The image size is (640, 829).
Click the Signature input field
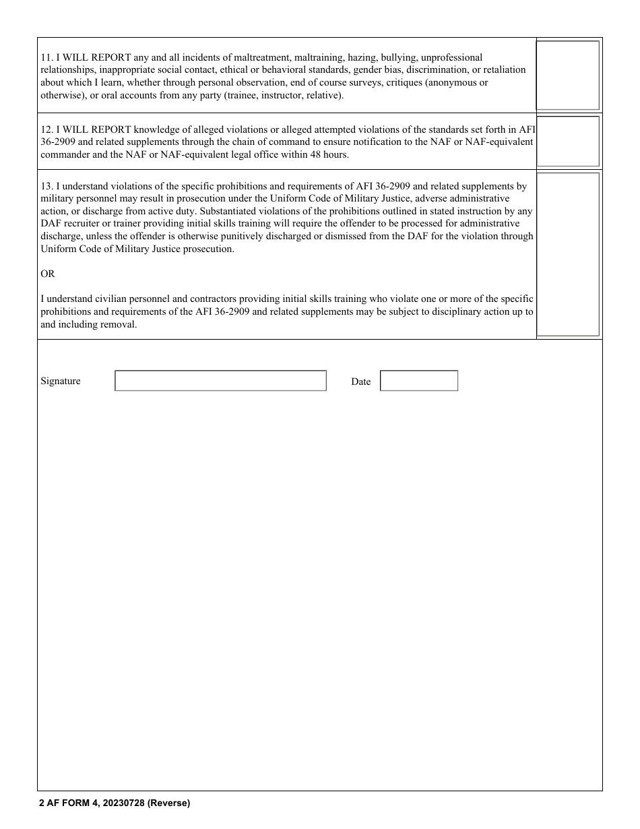click(x=220, y=381)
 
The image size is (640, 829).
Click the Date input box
click(x=419, y=381)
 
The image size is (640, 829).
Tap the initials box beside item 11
click(x=567, y=75)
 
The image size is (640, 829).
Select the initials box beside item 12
click(x=567, y=141)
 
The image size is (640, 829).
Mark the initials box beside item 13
click(x=567, y=254)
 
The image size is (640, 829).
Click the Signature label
click(x=61, y=381)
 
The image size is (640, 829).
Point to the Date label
click(x=360, y=382)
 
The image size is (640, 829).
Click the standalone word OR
click(x=48, y=274)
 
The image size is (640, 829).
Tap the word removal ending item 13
click(x=121, y=325)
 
